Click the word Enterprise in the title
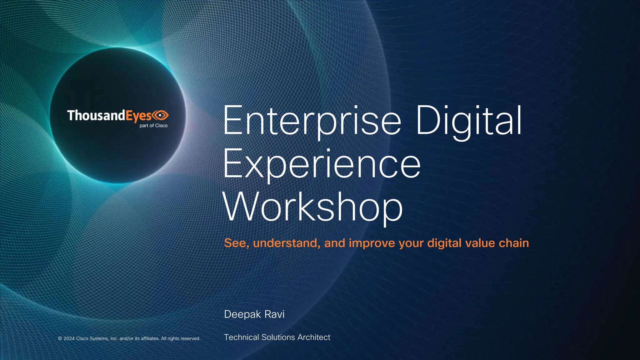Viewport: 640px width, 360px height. pyautogui.click(x=312, y=121)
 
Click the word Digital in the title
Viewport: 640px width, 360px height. pyautogui.click(x=469, y=121)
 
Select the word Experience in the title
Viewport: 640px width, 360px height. pyautogui.click(x=322, y=164)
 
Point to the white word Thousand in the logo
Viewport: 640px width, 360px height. pyautogui.click(x=96, y=115)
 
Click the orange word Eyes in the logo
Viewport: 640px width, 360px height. pyautogui.click(x=139, y=116)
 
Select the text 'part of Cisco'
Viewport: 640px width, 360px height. pyautogui.click(x=153, y=126)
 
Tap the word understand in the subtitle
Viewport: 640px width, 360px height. pyautogui.click(x=286, y=243)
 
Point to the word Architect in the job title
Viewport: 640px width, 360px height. pyautogui.click(x=314, y=337)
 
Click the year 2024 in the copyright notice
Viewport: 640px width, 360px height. pyautogui.click(x=69, y=338)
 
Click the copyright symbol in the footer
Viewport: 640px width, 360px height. pyautogui.click(x=60, y=338)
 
